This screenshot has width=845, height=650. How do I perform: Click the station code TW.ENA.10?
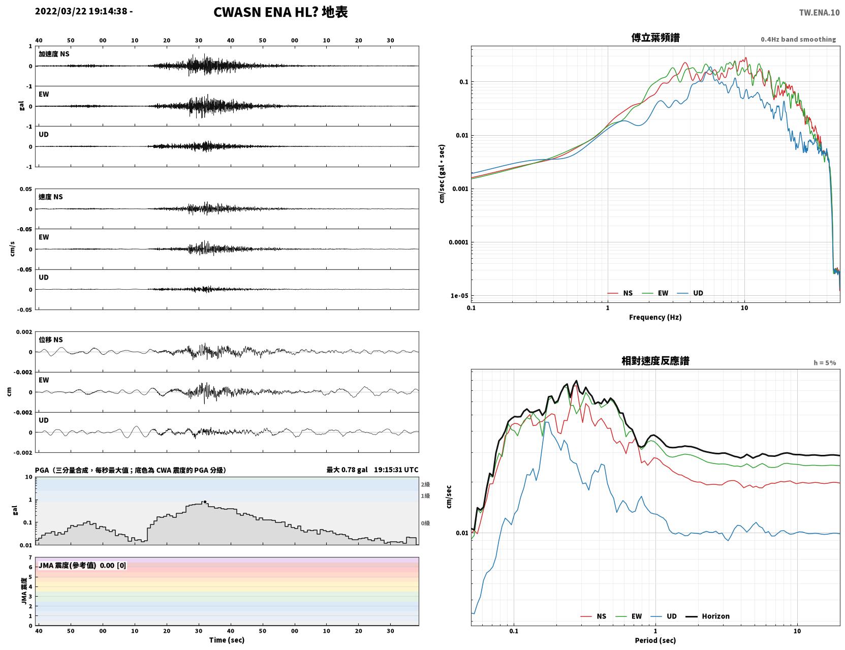[x=819, y=12]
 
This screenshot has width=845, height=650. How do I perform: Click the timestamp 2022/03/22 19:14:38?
[x=81, y=11]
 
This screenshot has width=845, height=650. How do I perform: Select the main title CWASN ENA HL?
[x=266, y=12]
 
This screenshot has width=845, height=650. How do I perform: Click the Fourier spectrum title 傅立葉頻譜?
[x=655, y=38]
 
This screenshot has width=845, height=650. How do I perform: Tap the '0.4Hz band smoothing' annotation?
[x=798, y=39]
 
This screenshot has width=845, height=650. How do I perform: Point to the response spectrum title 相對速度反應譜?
[x=655, y=360]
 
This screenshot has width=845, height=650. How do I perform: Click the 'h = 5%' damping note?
[x=824, y=363]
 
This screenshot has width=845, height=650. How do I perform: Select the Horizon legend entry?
[x=707, y=616]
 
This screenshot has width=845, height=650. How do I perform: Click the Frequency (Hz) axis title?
[x=655, y=317]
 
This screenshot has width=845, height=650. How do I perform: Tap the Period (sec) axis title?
[x=655, y=640]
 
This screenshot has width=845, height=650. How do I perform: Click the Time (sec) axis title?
[x=227, y=640]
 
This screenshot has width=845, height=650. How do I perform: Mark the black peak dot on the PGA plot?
[x=205, y=502]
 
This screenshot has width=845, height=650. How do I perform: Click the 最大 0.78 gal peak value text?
[x=347, y=470]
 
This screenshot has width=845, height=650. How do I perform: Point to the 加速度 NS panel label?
[x=54, y=54]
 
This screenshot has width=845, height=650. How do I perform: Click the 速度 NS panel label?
[x=50, y=197]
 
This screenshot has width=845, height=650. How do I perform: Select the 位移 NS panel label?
[x=50, y=339]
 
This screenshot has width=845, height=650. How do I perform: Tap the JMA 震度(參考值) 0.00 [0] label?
[x=82, y=565]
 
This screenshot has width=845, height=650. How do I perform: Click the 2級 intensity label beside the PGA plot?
[x=425, y=484]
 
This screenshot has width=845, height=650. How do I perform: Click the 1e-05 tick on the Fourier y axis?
[x=459, y=296]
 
